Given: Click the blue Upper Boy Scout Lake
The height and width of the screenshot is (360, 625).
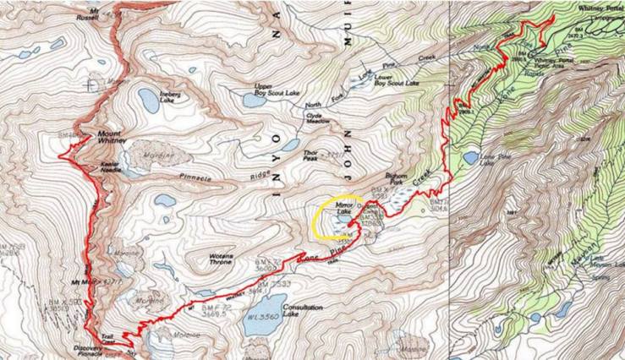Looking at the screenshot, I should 254,100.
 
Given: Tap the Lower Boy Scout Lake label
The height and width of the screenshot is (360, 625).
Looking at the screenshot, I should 397,82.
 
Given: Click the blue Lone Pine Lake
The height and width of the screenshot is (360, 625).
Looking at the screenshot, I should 471,157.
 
